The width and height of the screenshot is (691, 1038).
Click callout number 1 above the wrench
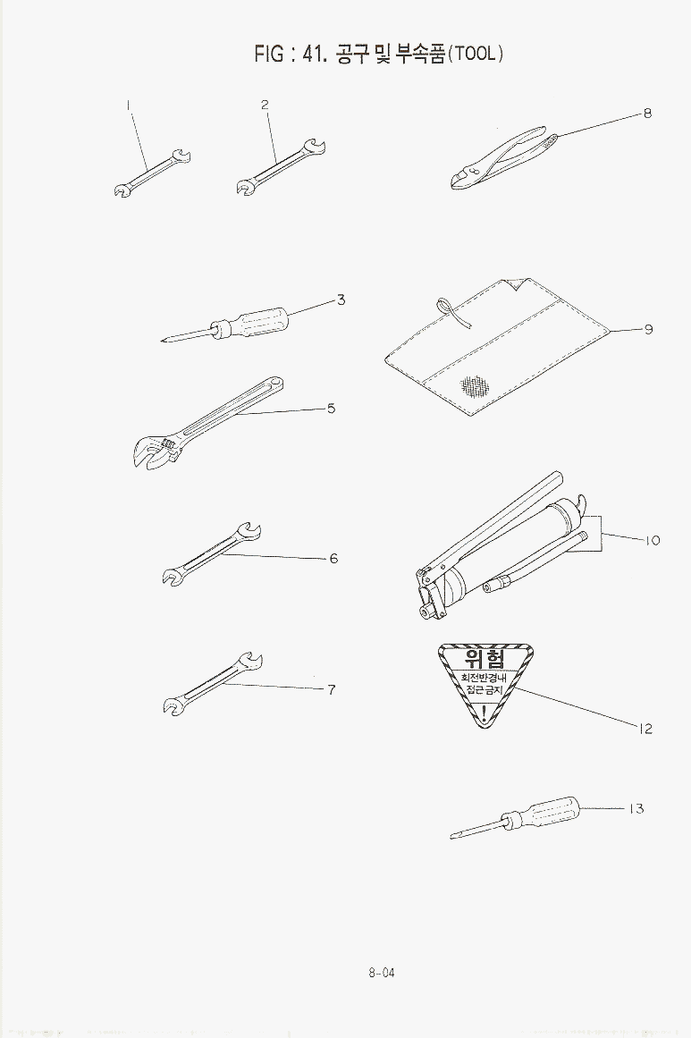pos(128,105)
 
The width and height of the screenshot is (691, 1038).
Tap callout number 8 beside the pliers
pos(647,114)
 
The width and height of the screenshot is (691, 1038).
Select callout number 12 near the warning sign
pos(645,729)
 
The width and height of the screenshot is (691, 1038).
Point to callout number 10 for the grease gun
pos(652,540)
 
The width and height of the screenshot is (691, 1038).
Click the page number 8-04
pos(382,973)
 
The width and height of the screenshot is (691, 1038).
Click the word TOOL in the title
pos(476,54)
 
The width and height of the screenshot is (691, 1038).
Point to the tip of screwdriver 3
pos(163,341)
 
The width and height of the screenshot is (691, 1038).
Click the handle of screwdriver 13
pos(548,813)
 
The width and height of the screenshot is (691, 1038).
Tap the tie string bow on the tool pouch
pos(450,311)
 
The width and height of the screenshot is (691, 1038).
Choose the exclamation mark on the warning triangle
pos(485,713)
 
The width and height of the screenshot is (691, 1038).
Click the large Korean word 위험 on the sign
pos(485,659)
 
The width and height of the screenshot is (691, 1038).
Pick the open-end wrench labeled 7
pos(213,684)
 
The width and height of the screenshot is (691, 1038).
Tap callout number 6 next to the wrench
pos(333,559)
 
